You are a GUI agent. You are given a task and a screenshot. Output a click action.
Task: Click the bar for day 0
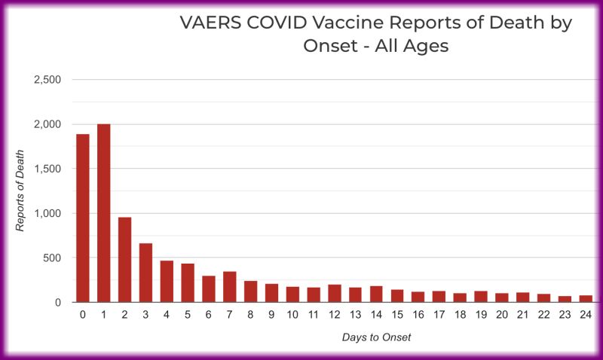pos(83,218)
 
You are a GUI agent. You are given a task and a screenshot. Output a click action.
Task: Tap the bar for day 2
pos(124,260)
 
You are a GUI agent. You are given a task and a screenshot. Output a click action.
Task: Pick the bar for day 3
pos(145,273)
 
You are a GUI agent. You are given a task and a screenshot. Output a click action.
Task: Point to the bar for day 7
pos(229,287)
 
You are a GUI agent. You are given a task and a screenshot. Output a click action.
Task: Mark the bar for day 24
pos(586,299)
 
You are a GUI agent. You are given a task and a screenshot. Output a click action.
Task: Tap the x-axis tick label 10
pos(292,314)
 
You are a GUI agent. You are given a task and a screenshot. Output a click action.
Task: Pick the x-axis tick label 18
pos(460,314)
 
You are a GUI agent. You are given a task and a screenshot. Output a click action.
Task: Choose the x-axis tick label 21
pos(523,314)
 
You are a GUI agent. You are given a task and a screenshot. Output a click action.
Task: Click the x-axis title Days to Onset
pos(375,337)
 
